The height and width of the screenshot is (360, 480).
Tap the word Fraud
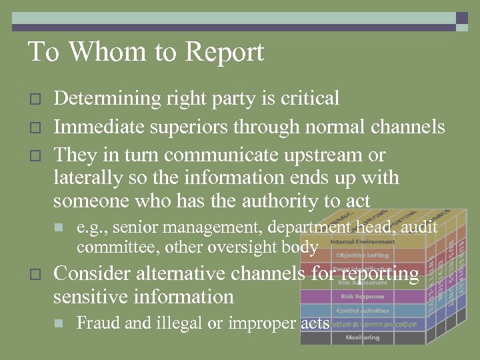(x=99, y=323)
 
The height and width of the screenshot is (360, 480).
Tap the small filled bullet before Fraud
(x=59, y=323)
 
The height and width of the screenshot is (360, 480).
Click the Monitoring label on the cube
(x=362, y=337)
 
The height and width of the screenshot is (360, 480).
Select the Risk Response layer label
(x=362, y=296)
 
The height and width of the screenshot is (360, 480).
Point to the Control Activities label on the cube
(x=362, y=310)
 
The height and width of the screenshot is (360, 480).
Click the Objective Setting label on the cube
(x=362, y=255)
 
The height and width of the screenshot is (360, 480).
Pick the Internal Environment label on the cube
(x=362, y=241)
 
